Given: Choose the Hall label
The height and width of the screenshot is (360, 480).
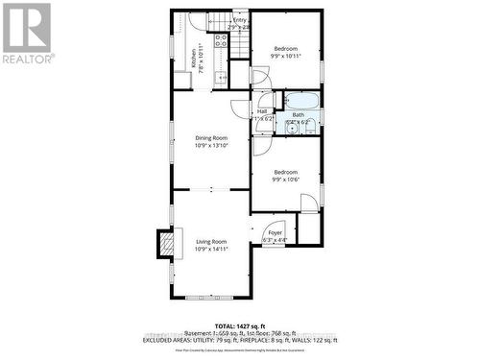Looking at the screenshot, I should pos(262,114).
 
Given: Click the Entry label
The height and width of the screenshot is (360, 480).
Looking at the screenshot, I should pos(239,23).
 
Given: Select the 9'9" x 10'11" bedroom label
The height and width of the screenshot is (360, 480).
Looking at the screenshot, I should pos(285,52).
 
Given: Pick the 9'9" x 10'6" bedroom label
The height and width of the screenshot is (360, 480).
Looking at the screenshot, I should pos(285,175).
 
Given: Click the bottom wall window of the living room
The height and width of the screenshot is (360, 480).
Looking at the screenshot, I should pos(211,291).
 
